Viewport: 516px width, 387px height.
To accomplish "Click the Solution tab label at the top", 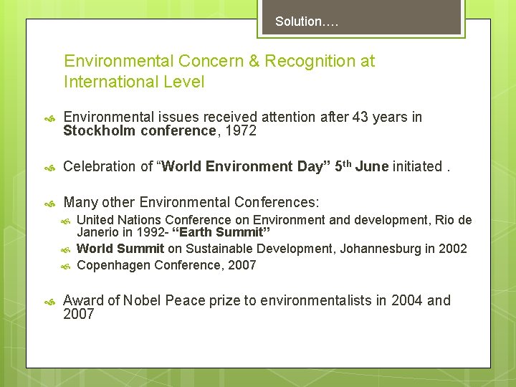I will (x=307, y=21).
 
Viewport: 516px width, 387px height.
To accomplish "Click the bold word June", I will (x=371, y=166).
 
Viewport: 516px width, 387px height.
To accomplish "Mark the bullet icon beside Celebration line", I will (x=49, y=167).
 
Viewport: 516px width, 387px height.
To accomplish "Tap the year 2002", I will (x=451, y=249).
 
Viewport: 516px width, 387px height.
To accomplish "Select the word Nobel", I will (x=146, y=300).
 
